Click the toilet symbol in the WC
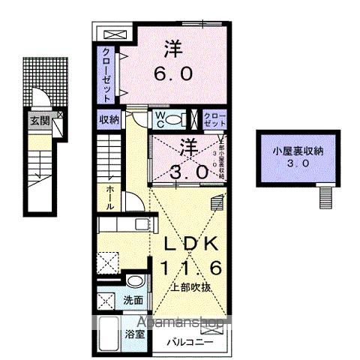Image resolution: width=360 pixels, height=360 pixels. click(174, 120)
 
